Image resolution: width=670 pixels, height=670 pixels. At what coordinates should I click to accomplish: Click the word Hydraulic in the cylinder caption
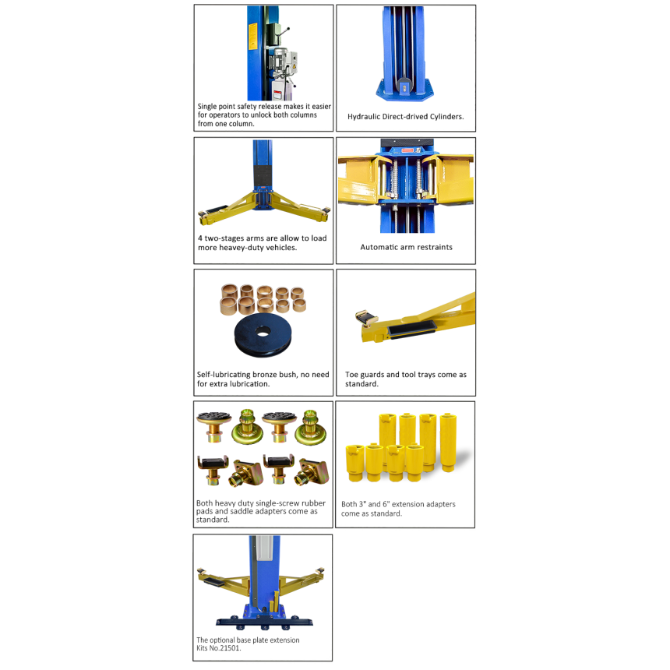point(364,117)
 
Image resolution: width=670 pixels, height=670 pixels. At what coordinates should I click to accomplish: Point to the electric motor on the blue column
point(282,61)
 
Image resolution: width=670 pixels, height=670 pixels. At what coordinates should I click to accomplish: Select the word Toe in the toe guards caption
point(351,374)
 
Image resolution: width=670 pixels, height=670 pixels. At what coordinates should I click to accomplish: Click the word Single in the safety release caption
point(206,107)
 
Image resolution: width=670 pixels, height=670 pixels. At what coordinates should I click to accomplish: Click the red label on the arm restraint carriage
point(407,151)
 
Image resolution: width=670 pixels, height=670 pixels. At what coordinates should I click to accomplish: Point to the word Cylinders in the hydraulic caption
point(446,117)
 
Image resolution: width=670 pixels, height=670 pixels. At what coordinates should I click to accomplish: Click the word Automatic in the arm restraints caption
point(379,247)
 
